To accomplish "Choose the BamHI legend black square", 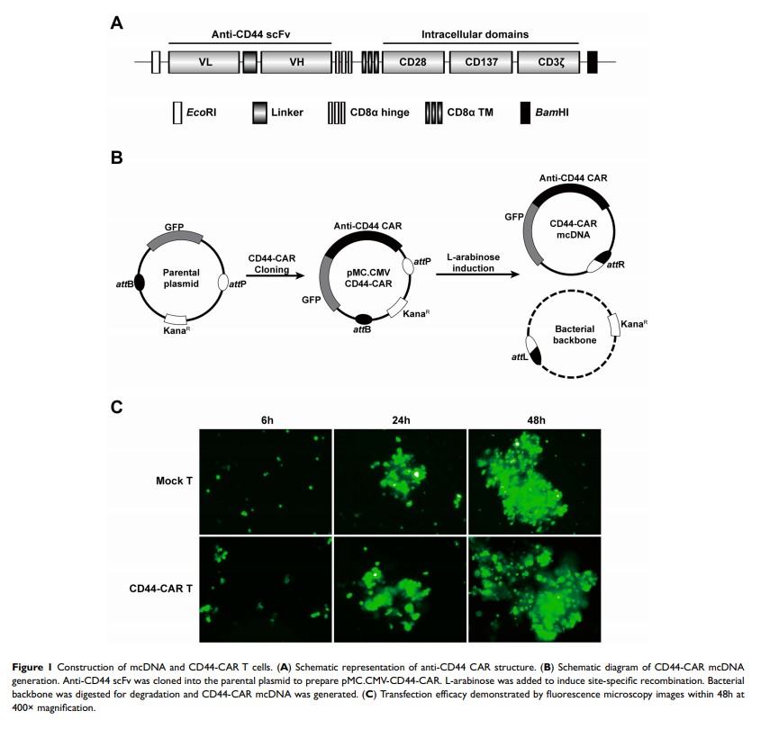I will [x=525, y=113].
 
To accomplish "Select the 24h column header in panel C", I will [x=401, y=419].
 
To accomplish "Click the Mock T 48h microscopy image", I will [x=535, y=481].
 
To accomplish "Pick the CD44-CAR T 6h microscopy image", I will [x=266, y=589].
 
